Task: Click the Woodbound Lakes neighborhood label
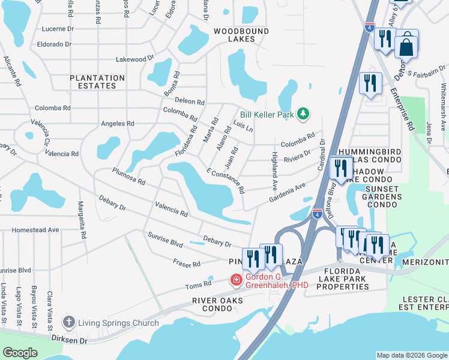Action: tap(233, 34)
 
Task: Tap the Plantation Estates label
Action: tap(97, 82)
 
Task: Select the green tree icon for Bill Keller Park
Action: tap(304, 113)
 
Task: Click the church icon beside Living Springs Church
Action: tap(70, 322)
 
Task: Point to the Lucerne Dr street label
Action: tap(58, 28)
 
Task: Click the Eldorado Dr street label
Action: tap(54, 44)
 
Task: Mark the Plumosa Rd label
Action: tap(128, 176)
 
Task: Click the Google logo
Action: tap(20, 353)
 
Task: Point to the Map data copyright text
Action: tap(411, 356)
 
